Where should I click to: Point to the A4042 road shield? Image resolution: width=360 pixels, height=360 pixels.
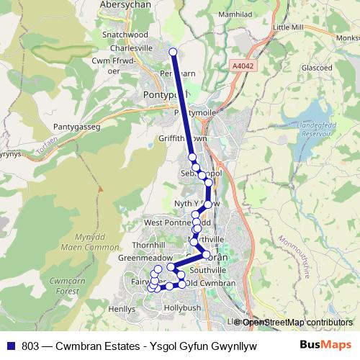242,66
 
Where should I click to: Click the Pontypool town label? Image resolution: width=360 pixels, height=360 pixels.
164,94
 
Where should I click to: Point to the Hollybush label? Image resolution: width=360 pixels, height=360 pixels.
183,307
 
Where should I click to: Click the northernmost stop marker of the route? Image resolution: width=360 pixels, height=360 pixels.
173,51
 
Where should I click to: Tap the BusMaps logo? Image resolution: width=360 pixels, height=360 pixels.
326,344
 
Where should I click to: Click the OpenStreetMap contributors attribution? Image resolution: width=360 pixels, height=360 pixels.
297,322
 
